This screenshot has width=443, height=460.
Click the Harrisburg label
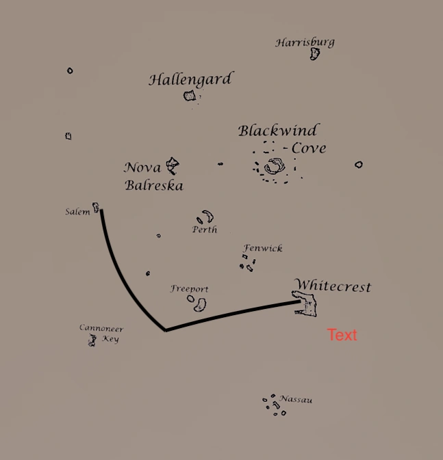[x=305, y=42]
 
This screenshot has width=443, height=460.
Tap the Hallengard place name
[x=190, y=79]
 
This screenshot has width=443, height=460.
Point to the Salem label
[x=77, y=212]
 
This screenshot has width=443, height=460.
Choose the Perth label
[x=205, y=230]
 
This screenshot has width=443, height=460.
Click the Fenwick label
[x=263, y=249]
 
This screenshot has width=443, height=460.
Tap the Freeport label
[x=189, y=289]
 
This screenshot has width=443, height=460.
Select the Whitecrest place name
[x=332, y=286]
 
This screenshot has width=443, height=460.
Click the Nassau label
[x=296, y=399]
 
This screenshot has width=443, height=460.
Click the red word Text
[x=342, y=335]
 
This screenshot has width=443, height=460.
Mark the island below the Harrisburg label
[x=314, y=53]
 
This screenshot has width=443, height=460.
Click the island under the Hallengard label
[x=190, y=96]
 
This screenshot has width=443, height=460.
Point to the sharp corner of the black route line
[x=166, y=329]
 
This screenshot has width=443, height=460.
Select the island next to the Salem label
[x=96, y=206]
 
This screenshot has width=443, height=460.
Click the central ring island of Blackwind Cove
[x=275, y=165]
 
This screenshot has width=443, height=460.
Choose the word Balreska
[x=154, y=185]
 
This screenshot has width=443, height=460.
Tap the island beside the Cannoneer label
[x=91, y=340]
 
